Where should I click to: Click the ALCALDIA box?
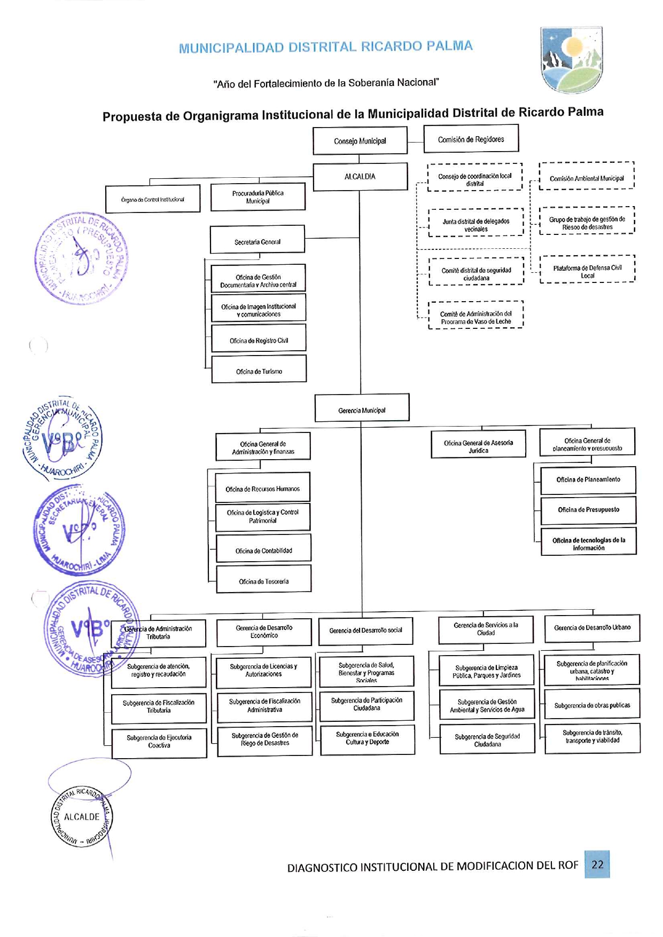tap(360, 177)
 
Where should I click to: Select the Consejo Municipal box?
tap(360, 141)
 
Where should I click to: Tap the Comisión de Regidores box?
tap(471, 139)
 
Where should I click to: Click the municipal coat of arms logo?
tap(571, 60)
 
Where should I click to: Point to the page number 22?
tap(597, 864)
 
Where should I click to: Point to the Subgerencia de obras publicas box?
tap(592, 705)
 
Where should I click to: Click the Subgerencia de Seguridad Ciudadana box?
tap(487, 739)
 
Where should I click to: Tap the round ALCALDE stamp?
tap(82, 817)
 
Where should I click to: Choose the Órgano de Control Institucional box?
tap(153, 199)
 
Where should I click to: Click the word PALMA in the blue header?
tap(449, 46)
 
